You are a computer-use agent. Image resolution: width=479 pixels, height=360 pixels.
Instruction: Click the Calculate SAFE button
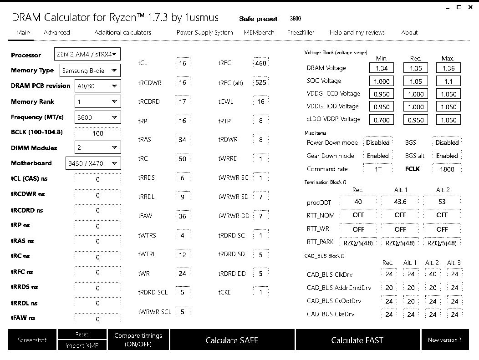232,340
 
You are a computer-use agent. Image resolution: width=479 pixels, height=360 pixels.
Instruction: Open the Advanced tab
57,32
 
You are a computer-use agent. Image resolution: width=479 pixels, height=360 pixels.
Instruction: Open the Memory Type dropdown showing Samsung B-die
90,71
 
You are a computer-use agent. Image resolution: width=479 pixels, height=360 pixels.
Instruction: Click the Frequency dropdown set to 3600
97,117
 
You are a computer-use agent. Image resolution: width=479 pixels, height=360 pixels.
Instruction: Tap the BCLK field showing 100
98,133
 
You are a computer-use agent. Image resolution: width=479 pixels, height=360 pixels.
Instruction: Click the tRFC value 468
260,63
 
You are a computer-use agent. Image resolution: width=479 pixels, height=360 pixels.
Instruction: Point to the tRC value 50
182,159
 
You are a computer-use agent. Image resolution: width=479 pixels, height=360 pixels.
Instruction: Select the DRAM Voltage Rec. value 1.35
415,68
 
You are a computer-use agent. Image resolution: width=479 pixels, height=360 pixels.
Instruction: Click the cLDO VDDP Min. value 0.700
382,120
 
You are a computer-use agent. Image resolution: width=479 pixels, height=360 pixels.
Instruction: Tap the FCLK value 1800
447,169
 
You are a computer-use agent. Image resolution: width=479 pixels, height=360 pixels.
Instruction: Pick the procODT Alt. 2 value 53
442,202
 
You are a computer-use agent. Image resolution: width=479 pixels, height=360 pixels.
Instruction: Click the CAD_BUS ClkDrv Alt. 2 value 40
433,274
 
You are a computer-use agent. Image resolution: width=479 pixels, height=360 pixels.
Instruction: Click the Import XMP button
82,345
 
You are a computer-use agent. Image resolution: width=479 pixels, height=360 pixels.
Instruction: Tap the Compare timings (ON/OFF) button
138,340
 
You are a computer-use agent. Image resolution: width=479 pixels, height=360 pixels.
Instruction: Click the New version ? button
444,340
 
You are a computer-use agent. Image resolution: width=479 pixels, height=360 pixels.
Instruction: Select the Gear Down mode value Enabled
378,156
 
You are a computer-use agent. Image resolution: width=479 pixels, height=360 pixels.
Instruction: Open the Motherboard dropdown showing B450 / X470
92,163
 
